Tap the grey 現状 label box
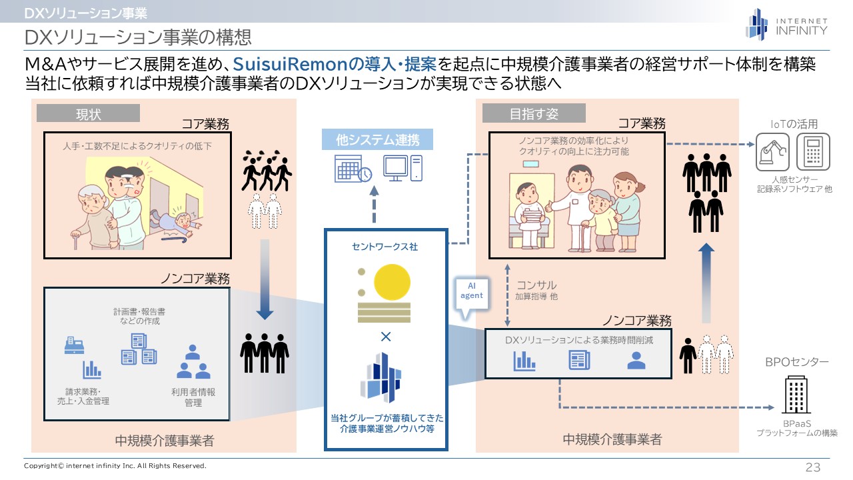click(88, 113)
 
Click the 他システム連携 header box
click(378, 140)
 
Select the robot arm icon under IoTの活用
click(772, 152)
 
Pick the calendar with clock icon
click(353, 169)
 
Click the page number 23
click(813, 467)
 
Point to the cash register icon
click(73, 344)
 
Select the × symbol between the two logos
click(385, 337)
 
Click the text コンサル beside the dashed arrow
click(536, 285)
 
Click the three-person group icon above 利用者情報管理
click(193, 361)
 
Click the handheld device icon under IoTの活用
click(812, 152)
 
